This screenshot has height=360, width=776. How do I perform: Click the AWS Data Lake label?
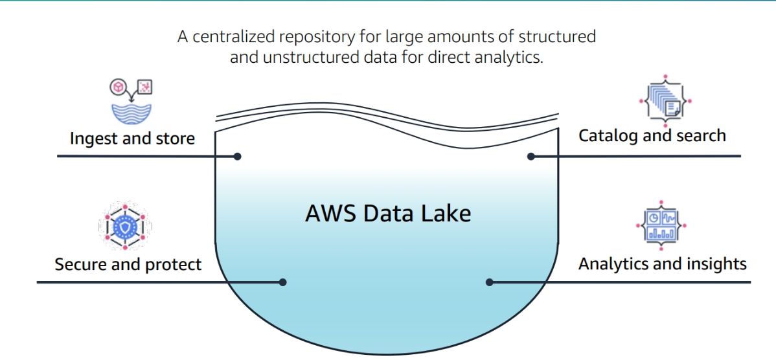(x=388, y=213)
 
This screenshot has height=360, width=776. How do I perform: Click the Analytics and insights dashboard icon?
(x=661, y=225)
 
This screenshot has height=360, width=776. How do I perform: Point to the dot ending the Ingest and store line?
(x=238, y=156)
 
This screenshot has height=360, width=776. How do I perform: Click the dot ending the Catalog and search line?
(x=531, y=156)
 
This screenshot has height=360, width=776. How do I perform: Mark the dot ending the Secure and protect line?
(x=282, y=282)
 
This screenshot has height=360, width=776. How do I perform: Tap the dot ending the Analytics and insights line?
(x=490, y=282)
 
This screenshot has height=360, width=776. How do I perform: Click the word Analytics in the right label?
(x=612, y=264)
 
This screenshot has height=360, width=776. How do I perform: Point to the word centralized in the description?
(x=237, y=37)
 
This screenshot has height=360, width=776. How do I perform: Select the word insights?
(x=715, y=264)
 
